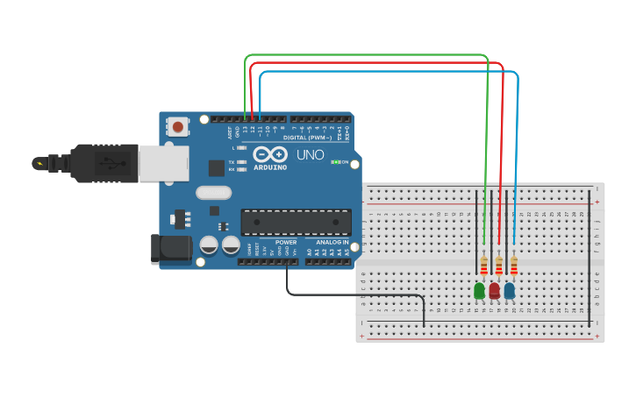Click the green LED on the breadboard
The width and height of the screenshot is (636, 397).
point(480,290)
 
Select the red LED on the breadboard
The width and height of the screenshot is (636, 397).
point(495,290)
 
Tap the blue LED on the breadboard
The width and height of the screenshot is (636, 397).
point(510,290)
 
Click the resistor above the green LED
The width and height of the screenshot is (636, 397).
point(484,265)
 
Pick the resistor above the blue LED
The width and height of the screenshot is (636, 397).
point(514,265)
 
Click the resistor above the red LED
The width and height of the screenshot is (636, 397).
point(499,265)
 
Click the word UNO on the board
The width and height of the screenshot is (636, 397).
point(310,155)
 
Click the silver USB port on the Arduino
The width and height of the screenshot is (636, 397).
point(163,163)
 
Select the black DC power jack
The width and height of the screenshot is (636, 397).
point(171,249)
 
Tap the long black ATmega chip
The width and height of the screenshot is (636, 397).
point(296,223)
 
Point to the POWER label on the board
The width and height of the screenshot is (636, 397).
point(286,242)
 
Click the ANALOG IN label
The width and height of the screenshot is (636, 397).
point(332,242)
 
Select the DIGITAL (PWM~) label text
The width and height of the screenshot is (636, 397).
point(306,138)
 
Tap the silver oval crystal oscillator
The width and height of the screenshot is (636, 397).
point(213,193)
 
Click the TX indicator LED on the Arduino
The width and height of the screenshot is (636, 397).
point(240,162)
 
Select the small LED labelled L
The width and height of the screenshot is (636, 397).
point(240,147)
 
